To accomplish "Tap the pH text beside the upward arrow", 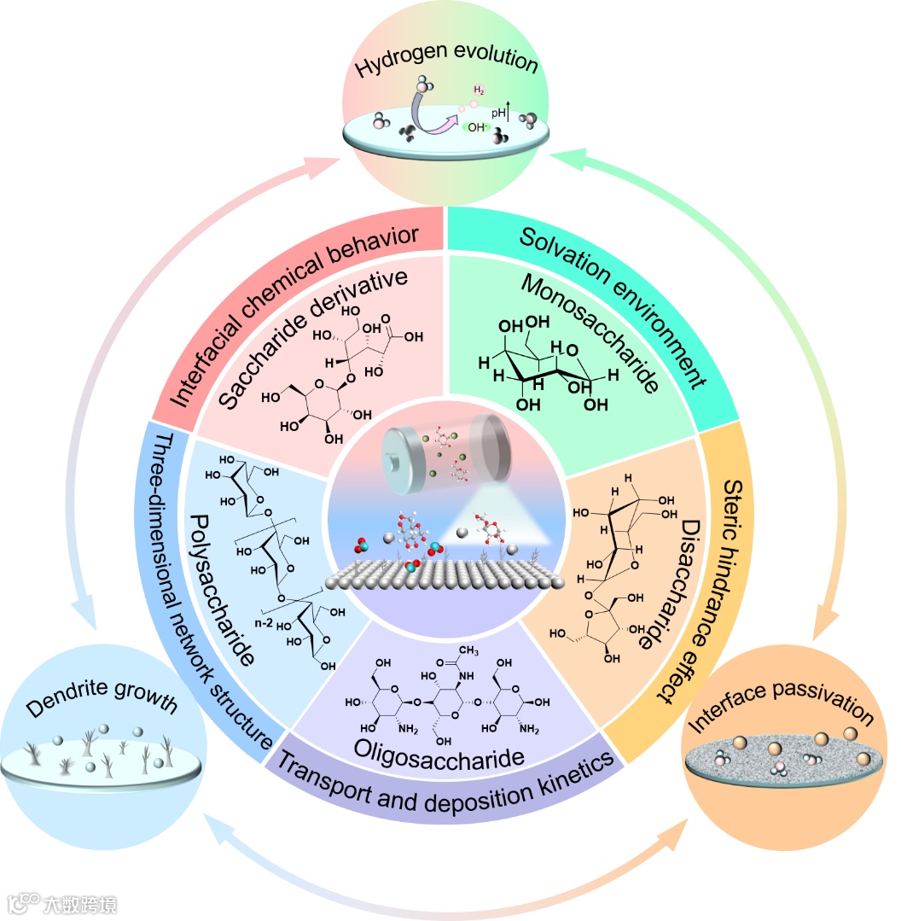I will [x=498, y=112].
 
